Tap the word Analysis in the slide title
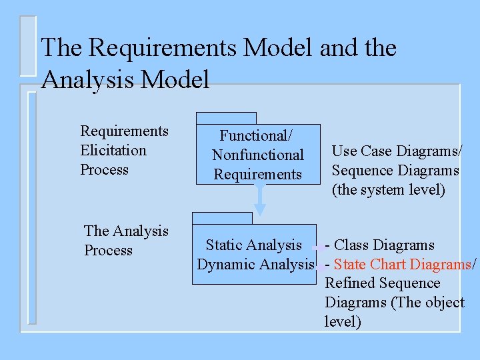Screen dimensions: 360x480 click(87, 80)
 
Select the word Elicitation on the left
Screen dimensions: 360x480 click(113, 150)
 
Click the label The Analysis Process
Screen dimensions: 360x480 click(126, 241)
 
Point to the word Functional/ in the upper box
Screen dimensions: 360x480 click(257, 135)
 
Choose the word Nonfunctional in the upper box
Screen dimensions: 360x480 click(258, 155)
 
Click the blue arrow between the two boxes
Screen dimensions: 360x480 click(261, 199)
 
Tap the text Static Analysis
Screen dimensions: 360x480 click(254, 245)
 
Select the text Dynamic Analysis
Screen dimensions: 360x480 click(255, 264)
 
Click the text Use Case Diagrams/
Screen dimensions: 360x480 click(397, 151)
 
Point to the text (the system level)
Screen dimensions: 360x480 click(389, 190)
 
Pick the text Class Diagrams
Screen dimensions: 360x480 click(384, 245)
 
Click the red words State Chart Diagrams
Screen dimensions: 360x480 click(402, 264)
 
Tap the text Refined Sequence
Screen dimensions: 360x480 click(383, 283)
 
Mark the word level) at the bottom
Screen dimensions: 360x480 click(343, 322)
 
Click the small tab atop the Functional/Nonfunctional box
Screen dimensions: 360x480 click(227, 118)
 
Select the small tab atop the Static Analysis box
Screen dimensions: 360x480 click(222, 218)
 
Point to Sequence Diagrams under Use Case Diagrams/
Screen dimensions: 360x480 click(395, 171)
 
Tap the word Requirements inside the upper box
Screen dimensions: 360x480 click(258, 174)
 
